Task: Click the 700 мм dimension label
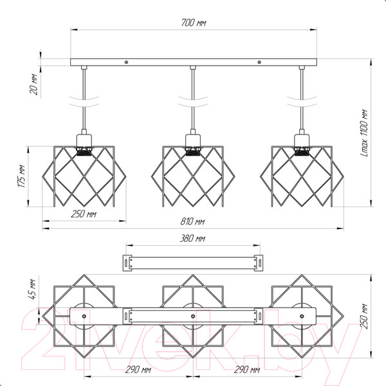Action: point(194,23)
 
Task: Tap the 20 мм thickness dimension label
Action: point(34,84)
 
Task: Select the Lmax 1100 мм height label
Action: point(364,133)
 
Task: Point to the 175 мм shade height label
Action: point(22,176)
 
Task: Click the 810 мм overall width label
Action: point(192,221)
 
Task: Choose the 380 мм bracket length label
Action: point(192,239)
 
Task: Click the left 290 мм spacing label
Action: point(138,370)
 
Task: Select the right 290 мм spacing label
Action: point(246,370)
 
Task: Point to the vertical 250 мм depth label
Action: point(364,317)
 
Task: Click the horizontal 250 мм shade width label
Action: point(84,214)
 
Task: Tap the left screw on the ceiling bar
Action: point(126,62)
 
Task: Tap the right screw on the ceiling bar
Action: point(259,62)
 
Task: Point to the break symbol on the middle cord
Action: point(193,102)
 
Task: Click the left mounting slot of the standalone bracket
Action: point(126,263)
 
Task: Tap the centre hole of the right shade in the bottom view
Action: point(302,317)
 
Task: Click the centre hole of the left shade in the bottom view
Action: point(84,317)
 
